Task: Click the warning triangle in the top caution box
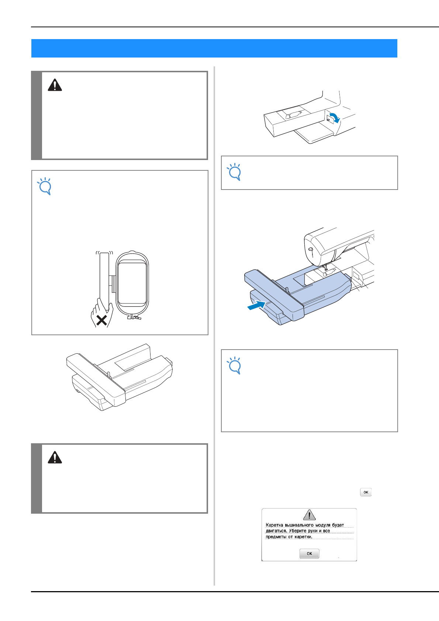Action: pos(55,85)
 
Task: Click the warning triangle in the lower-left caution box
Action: pos(55,457)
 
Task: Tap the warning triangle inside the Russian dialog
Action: pos(309,514)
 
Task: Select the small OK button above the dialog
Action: pos(366,492)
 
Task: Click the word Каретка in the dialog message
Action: pos(274,525)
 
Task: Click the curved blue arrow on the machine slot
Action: pos(335,118)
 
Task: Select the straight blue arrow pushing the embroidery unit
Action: pos(257,305)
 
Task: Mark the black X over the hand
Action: pos(102,320)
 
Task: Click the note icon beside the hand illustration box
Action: pos(44,186)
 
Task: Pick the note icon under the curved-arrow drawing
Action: pos(234,172)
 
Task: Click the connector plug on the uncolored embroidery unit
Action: pos(169,362)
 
